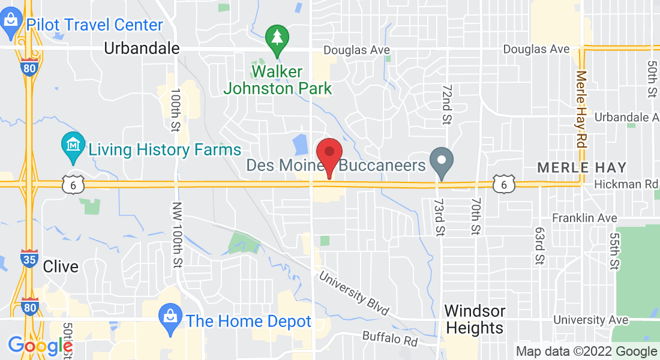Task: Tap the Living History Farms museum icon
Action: [x=73, y=146]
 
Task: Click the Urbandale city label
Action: [x=142, y=49]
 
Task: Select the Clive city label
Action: [x=61, y=266]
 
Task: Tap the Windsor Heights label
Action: [x=474, y=319]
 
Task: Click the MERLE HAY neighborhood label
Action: [x=581, y=167]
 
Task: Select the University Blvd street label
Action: [x=353, y=295]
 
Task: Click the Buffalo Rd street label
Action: [x=389, y=338]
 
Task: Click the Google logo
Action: [x=40, y=346]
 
